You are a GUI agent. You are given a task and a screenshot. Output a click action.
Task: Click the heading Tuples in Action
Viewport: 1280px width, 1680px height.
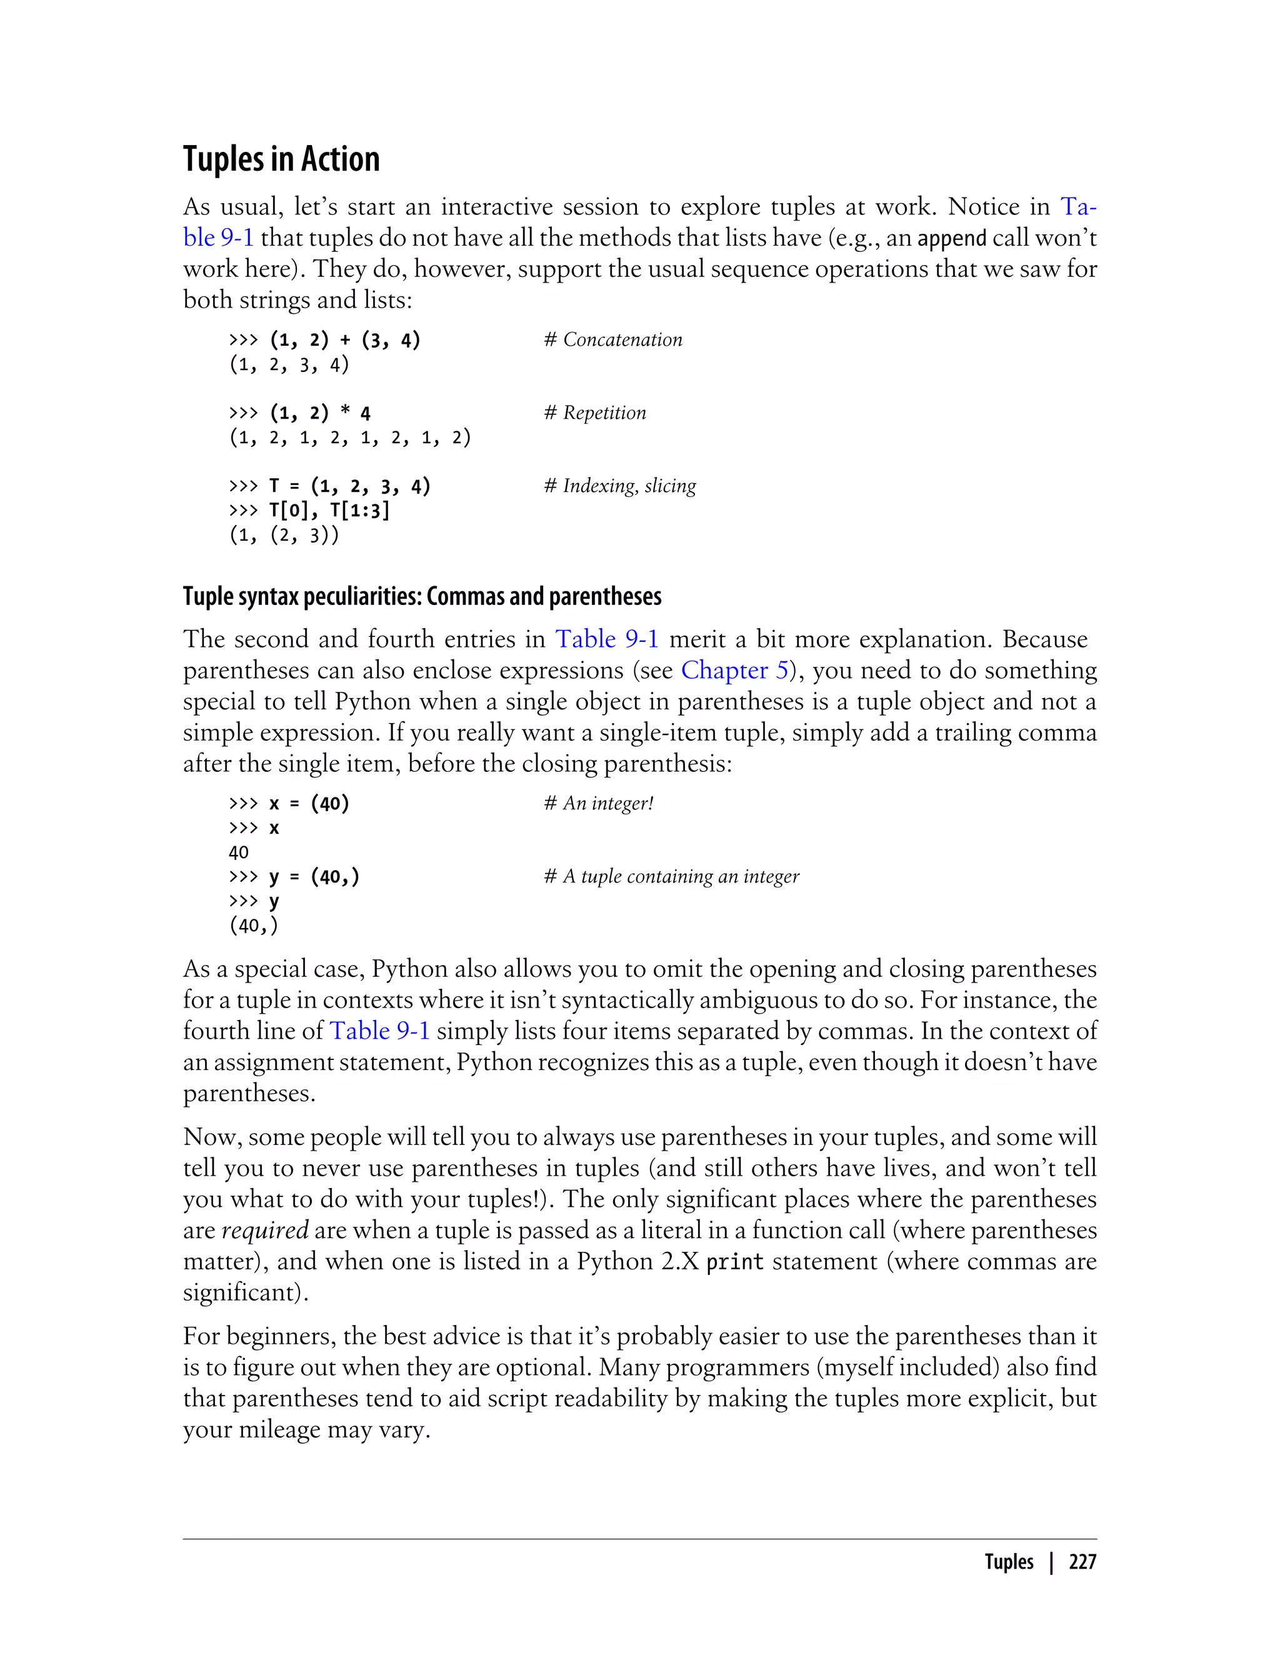pyautogui.click(x=281, y=159)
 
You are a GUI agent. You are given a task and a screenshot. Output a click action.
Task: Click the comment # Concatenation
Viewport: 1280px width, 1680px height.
pyautogui.click(x=612, y=340)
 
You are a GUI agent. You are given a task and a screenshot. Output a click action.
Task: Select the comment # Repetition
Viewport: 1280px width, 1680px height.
pyautogui.click(x=594, y=413)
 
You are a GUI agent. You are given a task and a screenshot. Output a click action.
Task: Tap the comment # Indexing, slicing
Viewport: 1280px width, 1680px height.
pyautogui.click(x=619, y=486)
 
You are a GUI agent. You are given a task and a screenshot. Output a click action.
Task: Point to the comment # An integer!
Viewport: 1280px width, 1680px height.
pyautogui.click(x=598, y=803)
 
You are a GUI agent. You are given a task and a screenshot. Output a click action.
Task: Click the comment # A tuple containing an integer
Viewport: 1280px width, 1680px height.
pyautogui.click(x=671, y=876)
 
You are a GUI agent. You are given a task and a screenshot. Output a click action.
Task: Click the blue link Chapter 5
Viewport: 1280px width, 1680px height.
pyautogui.click(x=734, y=670)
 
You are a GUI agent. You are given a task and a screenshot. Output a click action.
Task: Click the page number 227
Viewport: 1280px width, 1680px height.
pyautogui.click(x=1082, y=1562)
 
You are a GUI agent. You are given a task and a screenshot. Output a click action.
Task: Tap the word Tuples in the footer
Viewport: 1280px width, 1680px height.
pyautogui.click(x=1009, y=1562)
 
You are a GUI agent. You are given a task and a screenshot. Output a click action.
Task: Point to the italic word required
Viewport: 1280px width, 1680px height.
pyautogui.click(x=264, y=1230)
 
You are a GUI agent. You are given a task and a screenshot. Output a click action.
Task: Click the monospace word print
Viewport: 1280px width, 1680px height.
pyautogui.click(x=734, y=1262)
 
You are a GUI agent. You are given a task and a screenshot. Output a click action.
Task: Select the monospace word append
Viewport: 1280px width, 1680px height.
pyautogui.click(x=952, y=239)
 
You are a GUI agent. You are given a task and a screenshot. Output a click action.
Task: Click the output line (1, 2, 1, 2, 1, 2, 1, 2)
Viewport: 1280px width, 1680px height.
pyautogui.click(x=350, y=437)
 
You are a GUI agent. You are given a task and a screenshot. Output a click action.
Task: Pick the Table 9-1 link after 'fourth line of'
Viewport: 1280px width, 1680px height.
pyautogui.click(x=379, y=1031)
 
